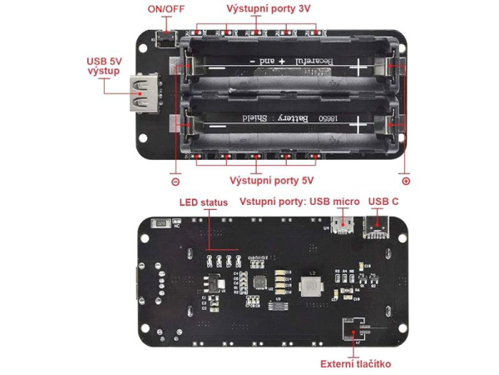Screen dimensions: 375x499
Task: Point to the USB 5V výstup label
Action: [x=103, y=67]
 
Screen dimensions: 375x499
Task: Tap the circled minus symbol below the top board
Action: [x=175, y=180]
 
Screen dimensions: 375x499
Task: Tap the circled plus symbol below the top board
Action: [x=406, y=180]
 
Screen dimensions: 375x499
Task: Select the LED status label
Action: [x=202, y=202]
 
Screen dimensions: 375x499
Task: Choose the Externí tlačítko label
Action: [x=355, y=364]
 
